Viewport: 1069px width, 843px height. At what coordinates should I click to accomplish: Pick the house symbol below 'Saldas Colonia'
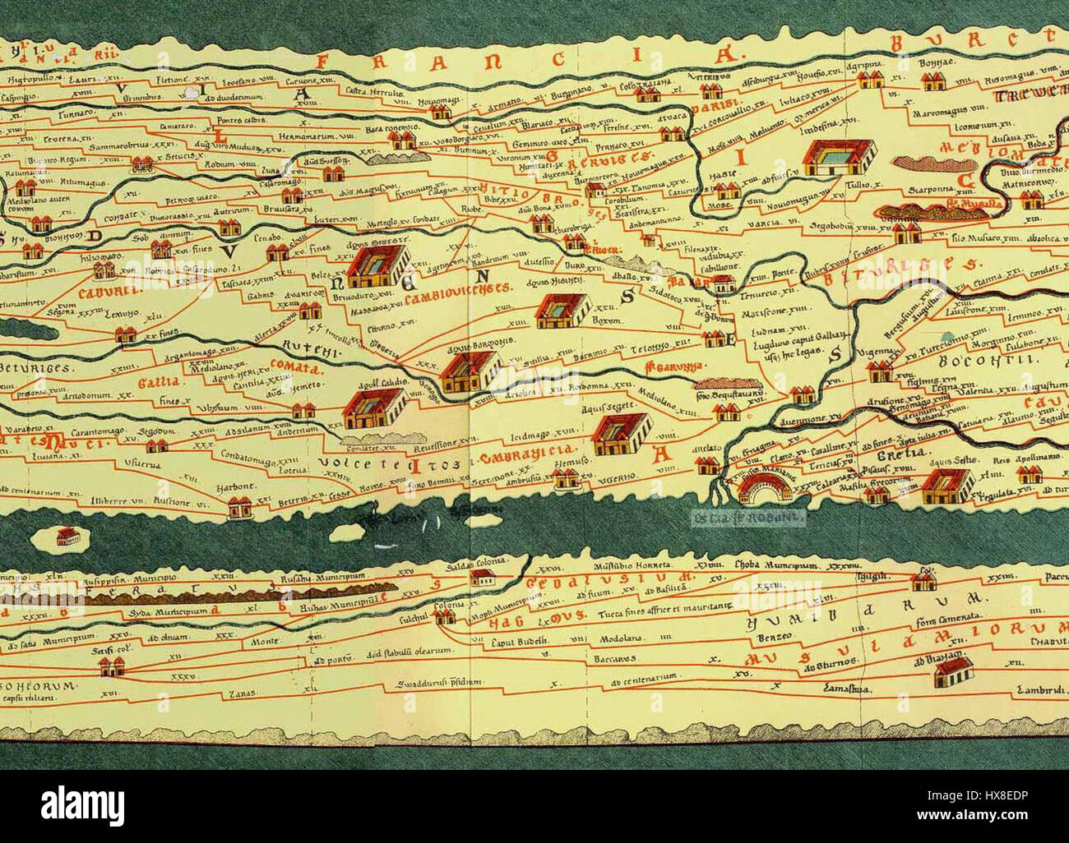pyautogui.click(x=474, y=578)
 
